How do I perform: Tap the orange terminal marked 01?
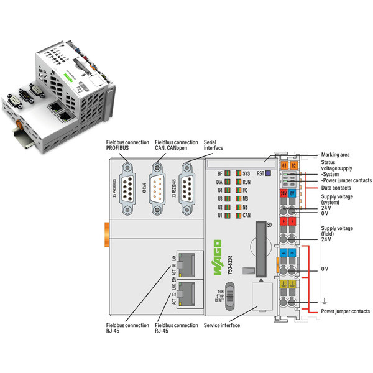tap(284, 166)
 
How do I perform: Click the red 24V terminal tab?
tap(284, 194)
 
